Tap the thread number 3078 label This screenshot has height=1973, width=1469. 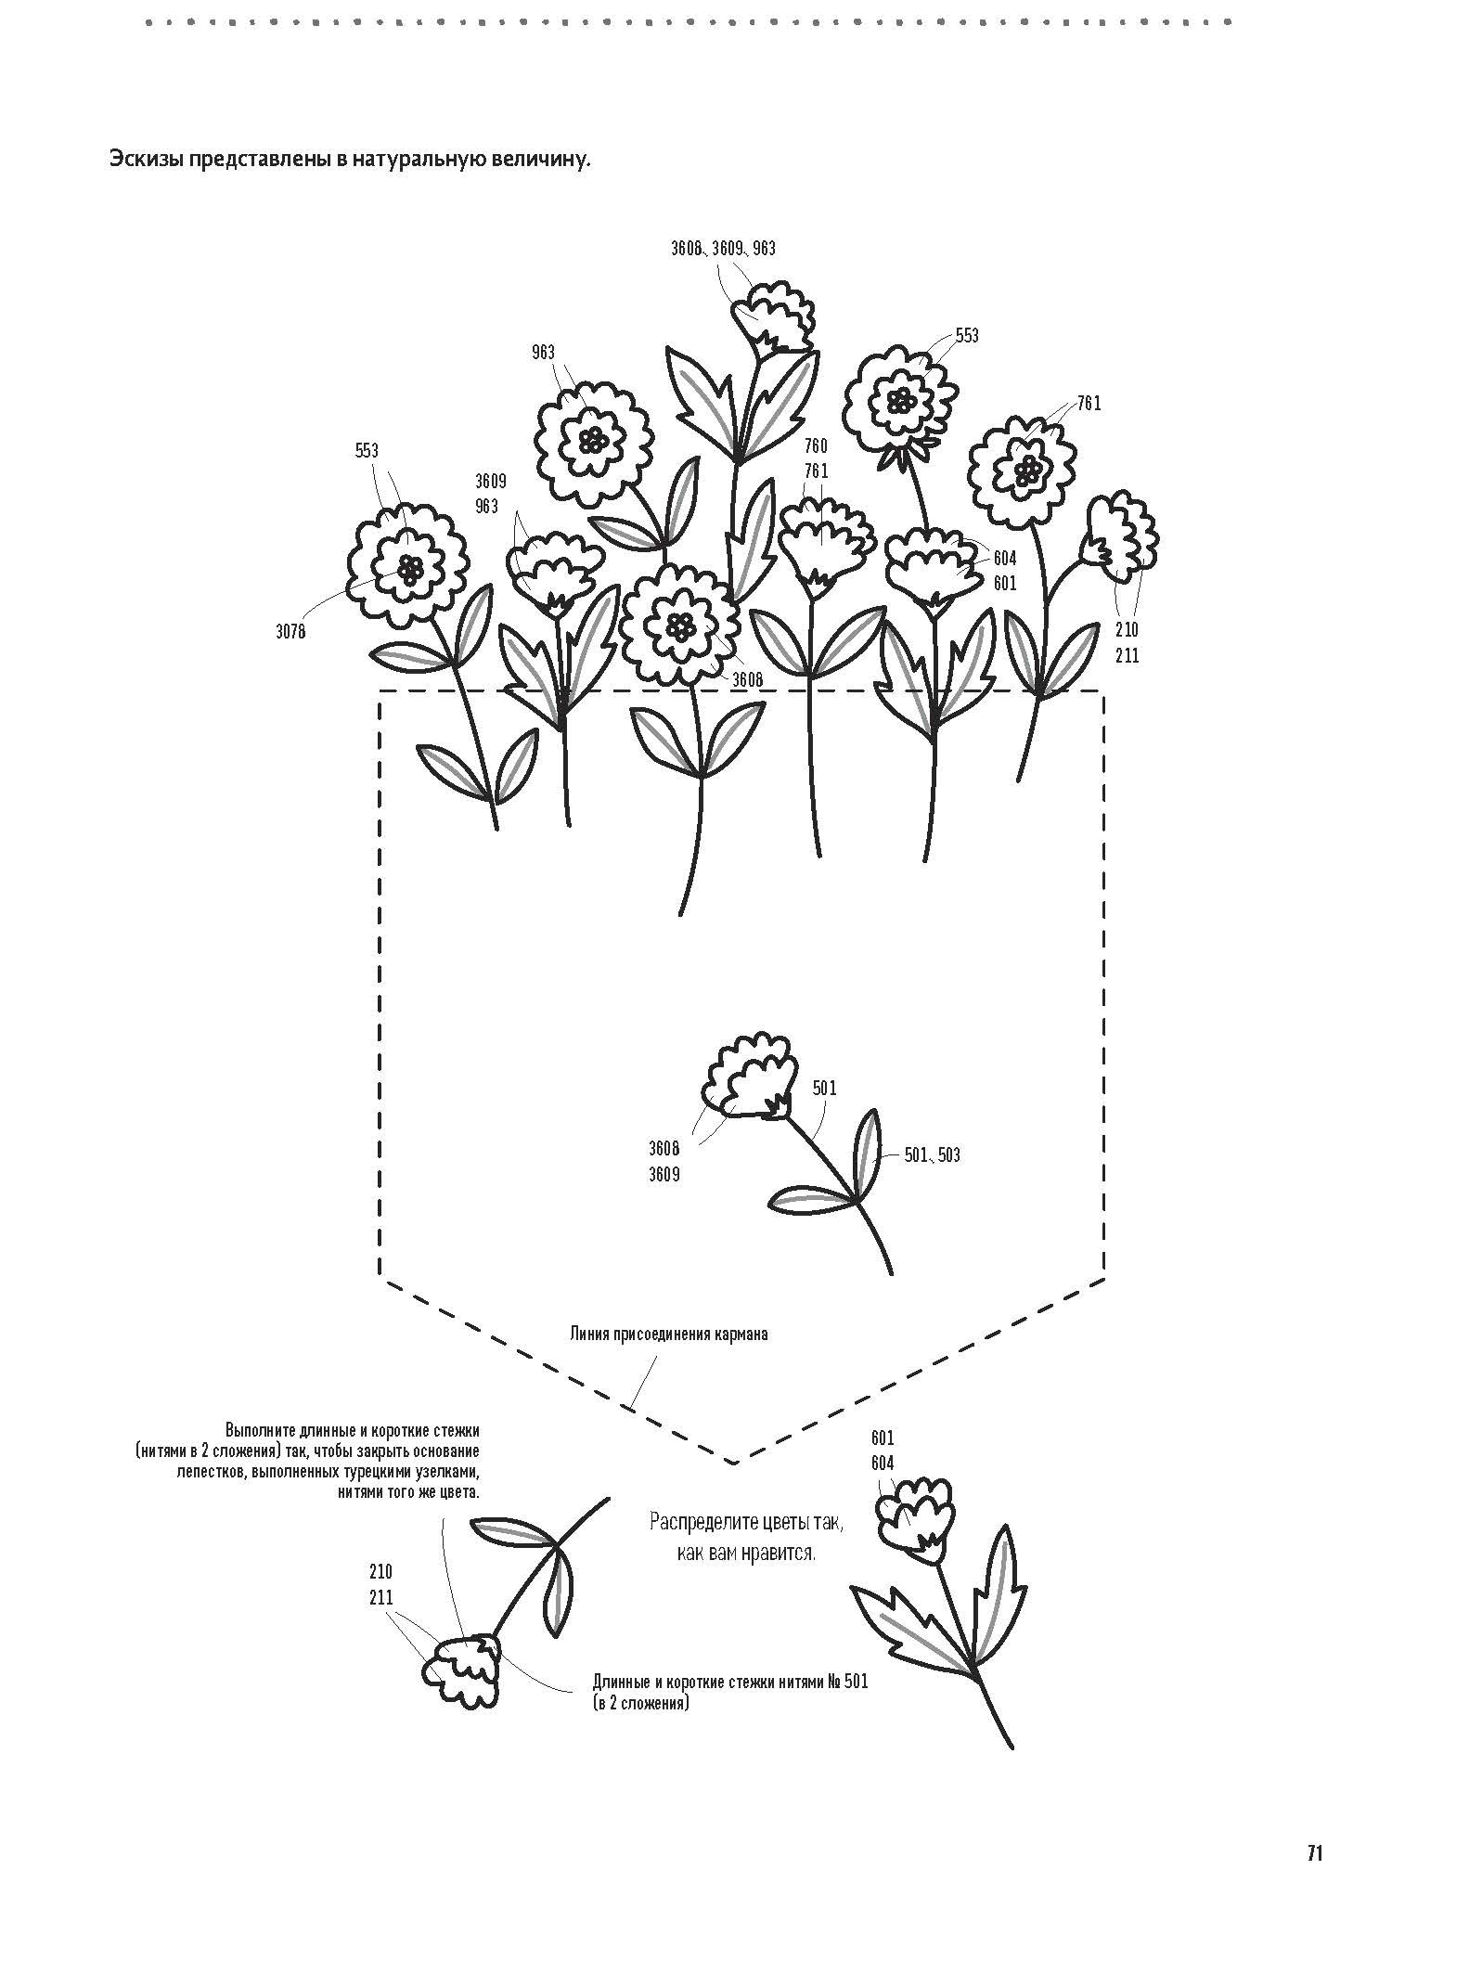tap(290, 633)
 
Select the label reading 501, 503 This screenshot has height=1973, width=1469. tap(933, 1155)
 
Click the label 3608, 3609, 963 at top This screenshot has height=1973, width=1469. tap(723, 249)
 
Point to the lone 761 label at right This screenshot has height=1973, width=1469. tap(1089, 404)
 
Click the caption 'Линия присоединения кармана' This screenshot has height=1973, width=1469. tap(668, 1335)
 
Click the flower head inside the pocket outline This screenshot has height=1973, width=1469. tap(746, 1077)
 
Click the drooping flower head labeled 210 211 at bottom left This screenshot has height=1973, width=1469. tap(465, 1670)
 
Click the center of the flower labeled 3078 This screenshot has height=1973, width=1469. tap(409, 569)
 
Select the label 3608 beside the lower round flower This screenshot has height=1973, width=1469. tap(747, 680)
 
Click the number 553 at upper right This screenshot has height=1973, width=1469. tap(967, 336)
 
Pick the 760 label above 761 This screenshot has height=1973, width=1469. tap(816, 446)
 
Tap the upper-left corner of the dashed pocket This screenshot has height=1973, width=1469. tap(380, 691)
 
